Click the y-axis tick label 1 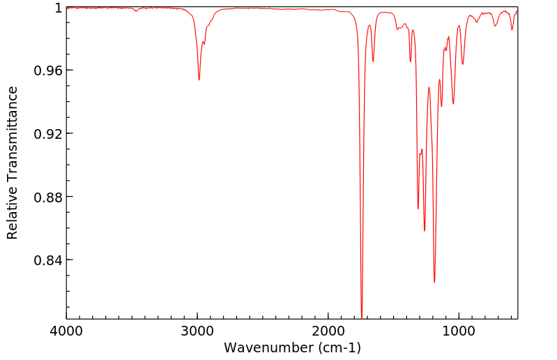click(x=59, y=8)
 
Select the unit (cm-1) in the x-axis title click(x=339, y=347)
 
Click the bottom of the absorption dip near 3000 click(x=199, y=80)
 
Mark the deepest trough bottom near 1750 click(x=361, y=315)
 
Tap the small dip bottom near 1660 click(x=373, y=61)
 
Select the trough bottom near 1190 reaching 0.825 click(x=434, y=282)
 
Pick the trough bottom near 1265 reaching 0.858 click(x=425, y=231)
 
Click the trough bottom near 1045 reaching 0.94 click(x=453, y=104)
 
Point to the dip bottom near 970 click(x=463, y=64)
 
